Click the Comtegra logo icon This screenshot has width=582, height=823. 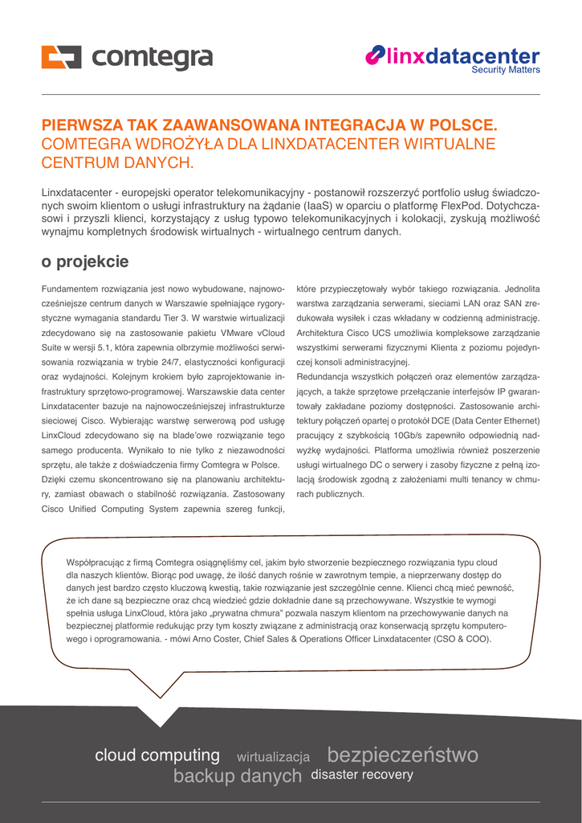pyautogui.click(x=62, y=58)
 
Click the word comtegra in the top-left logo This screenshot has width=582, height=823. pyautogui.click(x=153, y=58)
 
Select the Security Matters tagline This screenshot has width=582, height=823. pyautogui.click(x=505, y=70)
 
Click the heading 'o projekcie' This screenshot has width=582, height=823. pyautogui.click(x=84, y=262)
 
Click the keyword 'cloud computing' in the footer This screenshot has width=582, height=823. pyautogui.click(x=157, y=755)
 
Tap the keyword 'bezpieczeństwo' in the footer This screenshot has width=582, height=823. pyautogui.click(x=402, y=755)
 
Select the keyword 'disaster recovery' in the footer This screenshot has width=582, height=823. pyautogui.click(x=362, y=775)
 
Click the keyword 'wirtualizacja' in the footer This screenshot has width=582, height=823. pyautogui.click(x=273, y=757)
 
